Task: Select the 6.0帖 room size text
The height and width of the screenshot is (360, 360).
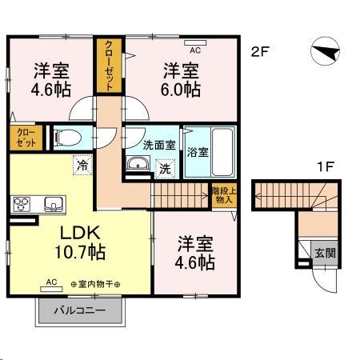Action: [x=182, y=90]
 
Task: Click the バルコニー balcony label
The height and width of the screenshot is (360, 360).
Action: [x=79, y=309]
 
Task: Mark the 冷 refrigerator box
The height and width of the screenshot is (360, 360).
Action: [x=82, y=166]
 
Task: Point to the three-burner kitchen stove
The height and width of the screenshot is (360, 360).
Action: [x=21, y=203]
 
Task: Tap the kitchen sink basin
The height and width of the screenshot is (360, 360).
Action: [x=53, y=203]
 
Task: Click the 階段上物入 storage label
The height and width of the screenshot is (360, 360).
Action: [x=223, y=195]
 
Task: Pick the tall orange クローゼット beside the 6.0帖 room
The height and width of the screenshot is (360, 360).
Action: [x=106, y=63]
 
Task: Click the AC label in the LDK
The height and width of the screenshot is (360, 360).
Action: [x=51, y=282]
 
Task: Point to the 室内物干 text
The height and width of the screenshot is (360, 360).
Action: [x=100, y=284]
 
